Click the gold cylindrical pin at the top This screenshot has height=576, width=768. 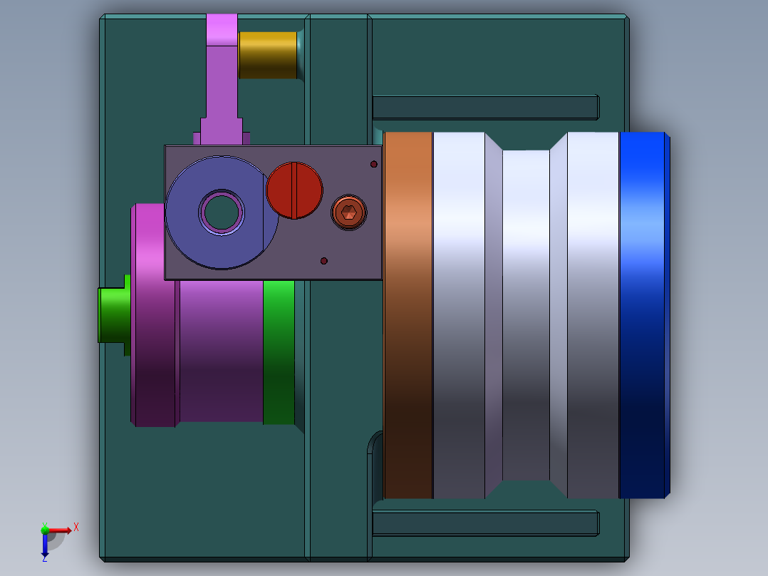(267, 55)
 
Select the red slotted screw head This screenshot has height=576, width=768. (294, 190)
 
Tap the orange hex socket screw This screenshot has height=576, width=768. (348, 212)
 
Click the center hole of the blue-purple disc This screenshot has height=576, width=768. (222, 212)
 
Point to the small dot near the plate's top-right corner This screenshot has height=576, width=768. (373, 165)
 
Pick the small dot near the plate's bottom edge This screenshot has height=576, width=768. (324, 261)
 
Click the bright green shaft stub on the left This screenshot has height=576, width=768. (111, 314)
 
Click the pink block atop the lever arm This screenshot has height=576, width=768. (222, 29)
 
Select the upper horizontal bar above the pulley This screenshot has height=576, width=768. (485, 107)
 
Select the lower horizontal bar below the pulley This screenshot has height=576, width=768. (485, 523)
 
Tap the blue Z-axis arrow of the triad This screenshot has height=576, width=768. (45, 547)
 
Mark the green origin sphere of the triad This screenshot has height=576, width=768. (45, 530)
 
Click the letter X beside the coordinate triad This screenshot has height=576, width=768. (76, 527)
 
